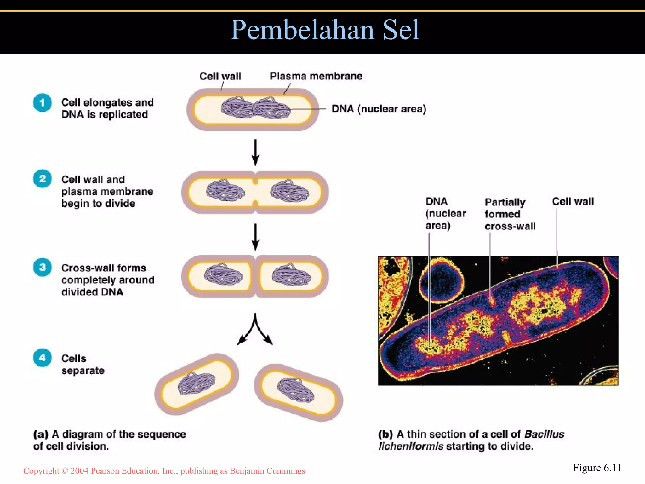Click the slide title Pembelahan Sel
tap(325, 30)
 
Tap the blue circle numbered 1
tap(42, 103)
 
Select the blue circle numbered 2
tap(42, 179)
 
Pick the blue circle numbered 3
tap(42, 267)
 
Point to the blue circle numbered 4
tap(42, 358)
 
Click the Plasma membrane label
tap(316, 76)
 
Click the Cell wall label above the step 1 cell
tap(220, 76)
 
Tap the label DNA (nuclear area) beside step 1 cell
tap(379, 109)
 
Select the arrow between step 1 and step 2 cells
tap(255, 152)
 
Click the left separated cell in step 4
tap(197, 384)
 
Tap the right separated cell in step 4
tap(298, 392)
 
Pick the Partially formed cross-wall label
tap(510, 214)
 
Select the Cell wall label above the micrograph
tap(573, 202)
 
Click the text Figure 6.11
tap(597, 468)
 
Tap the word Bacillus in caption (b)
tap(544, 434)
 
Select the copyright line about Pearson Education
tap(164, 471)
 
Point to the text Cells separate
tap(83, 364)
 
